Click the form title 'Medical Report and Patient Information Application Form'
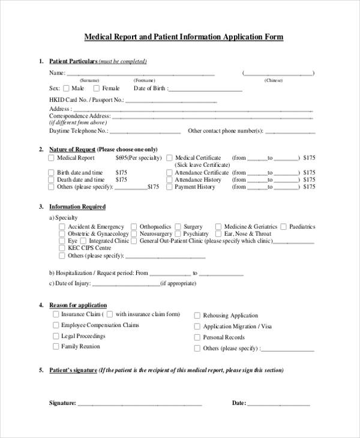tap(184, 37)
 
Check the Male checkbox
tap(66, 88)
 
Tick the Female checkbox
tap(96, 88)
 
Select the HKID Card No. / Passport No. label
tap(86, 100)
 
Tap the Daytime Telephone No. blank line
tap(145, 130)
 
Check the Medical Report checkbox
tap(51, 158)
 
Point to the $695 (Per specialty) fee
tap(139, 158)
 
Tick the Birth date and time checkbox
tap(51, 172)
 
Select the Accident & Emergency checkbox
tap(62, 227)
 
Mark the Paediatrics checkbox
tap(283, 227)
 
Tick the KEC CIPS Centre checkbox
tap(62, 248)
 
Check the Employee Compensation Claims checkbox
tap(55, 325)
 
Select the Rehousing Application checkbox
tap(197, 315)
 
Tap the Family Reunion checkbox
tap(55, 346)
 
